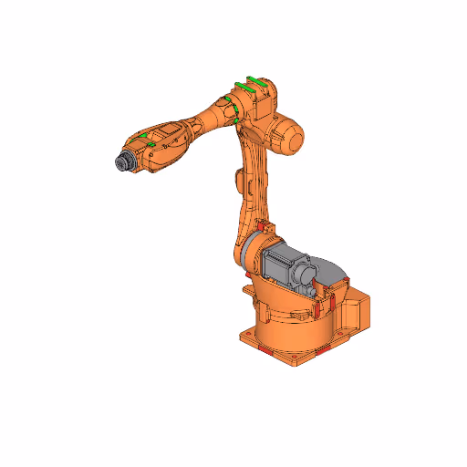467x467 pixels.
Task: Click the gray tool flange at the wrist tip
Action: pos(120,161)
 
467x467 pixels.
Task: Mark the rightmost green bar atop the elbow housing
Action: pos(259,80)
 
